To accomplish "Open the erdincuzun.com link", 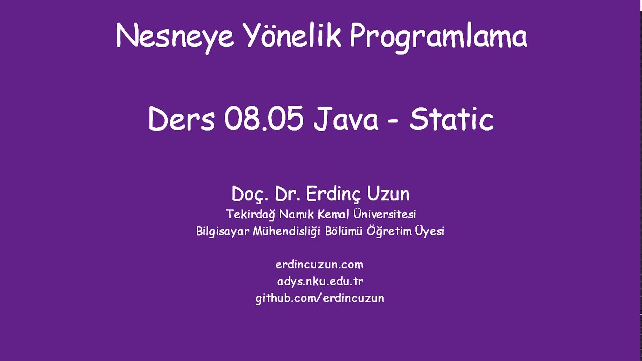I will [x=319, y=265].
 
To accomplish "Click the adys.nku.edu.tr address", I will [x=320, y=281].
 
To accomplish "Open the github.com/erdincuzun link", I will [x=320, y=298].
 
